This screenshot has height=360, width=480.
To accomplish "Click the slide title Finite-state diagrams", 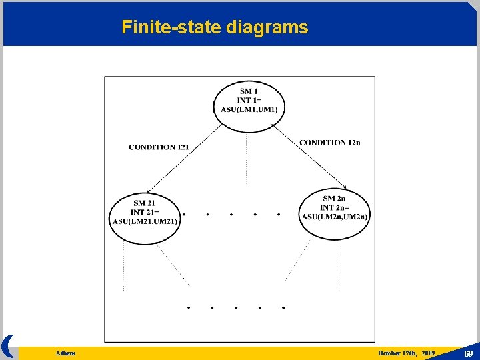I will (215, 27).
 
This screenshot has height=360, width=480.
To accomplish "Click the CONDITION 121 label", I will (159, 147).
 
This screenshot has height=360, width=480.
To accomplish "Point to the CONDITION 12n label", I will (329, 142).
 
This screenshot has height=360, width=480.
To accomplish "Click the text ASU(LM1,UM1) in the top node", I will (250, 109).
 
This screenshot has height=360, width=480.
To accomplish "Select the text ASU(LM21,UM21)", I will (145, 221).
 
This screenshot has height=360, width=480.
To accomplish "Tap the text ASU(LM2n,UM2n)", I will (335, 216).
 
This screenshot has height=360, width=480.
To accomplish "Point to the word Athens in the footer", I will (65, 353).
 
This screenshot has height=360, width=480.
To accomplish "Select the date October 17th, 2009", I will (406, 352).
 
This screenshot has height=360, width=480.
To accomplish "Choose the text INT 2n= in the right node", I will (334, 207).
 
